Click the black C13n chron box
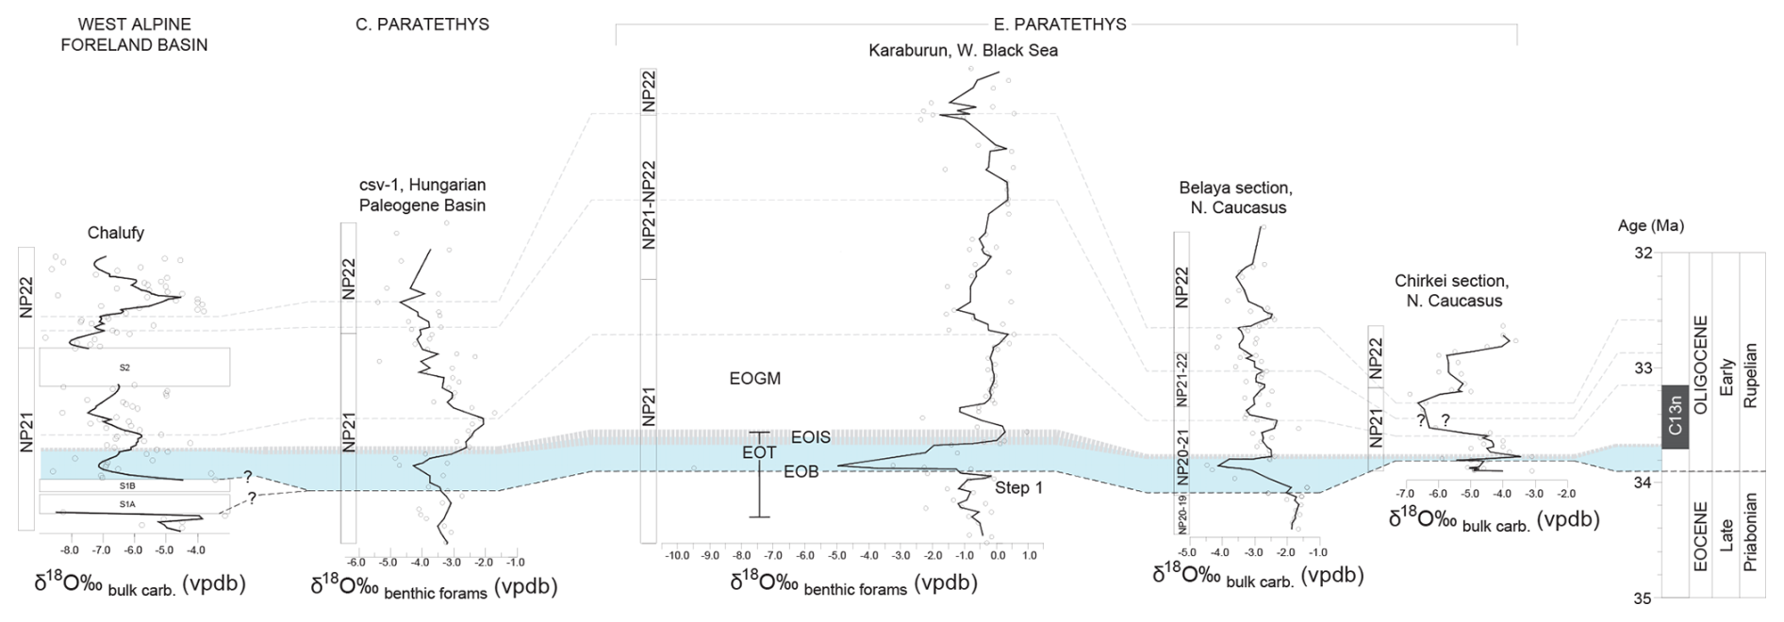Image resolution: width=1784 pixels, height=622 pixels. coord(1674,417)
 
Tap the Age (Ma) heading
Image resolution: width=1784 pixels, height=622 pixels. coord(1650,226)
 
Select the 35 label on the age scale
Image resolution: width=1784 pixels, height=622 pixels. coord(1642,597)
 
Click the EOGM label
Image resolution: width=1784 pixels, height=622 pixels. coord(754,379)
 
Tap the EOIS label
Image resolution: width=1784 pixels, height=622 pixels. coord(810,437)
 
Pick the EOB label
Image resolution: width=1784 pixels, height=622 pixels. coord(801,472)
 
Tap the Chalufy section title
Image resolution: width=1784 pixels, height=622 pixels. coord(116,233)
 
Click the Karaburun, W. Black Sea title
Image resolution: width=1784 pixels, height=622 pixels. coord(963,51)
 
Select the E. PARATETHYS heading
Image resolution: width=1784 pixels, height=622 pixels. coord(1060,25)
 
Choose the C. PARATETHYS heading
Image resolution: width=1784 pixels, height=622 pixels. coord(421,25)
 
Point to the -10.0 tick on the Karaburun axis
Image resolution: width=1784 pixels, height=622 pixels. coord(678,556)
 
